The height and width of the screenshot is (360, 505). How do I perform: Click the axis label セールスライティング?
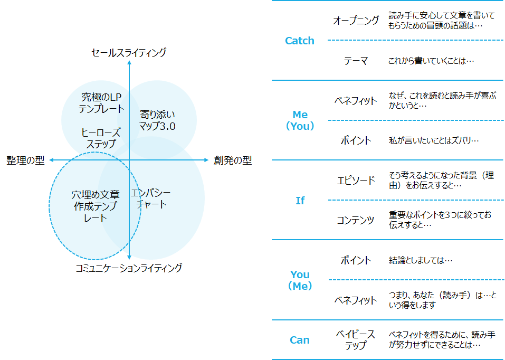tap(129, 53)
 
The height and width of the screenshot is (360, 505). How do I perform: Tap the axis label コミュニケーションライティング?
tap(129, 268)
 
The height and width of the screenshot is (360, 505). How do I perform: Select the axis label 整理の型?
tap(25, 160)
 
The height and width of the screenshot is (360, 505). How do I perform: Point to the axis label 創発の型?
tap(233, 160)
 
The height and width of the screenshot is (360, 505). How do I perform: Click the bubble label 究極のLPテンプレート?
tap(101, 103)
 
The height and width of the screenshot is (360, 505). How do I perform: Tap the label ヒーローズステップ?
tap(101, 138)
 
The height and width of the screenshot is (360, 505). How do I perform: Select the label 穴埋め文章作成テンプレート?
tap(96, 206)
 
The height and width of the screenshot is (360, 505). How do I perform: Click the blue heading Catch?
tap(299, 41)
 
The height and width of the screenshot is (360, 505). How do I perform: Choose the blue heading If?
tap(300, 201)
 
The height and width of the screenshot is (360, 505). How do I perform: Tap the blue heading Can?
tap(299, 340)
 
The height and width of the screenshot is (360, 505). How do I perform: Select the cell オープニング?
tap(356, 21)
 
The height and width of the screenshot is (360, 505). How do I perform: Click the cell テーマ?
tap(356, 61)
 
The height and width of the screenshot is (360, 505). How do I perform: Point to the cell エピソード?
tap(356, 181)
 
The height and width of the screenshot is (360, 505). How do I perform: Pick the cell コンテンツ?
tap(356, 220)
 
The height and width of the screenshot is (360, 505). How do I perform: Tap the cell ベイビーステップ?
tap(356, 340)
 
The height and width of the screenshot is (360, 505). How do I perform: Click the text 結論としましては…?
tap(421, 260)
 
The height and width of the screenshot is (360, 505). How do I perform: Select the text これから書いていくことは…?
tap(431, 61)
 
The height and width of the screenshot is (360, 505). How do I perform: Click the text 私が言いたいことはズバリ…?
tap(434, 140)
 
